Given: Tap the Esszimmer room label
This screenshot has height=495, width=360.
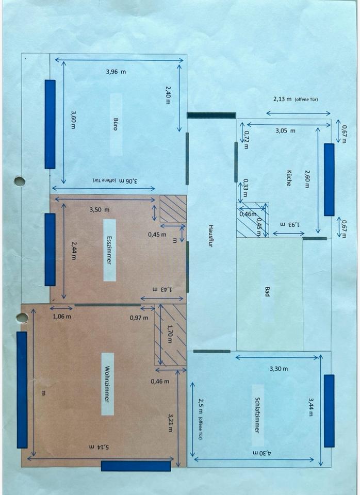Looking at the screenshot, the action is (x=109, y=250).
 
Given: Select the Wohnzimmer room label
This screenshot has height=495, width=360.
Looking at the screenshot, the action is (x=107, y=384).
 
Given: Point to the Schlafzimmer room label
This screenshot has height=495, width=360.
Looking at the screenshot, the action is (x=256, y=414).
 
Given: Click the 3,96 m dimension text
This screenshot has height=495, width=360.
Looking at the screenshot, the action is (x=116, y=72).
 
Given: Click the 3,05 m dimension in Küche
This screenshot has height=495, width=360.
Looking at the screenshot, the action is (x=285, y=131).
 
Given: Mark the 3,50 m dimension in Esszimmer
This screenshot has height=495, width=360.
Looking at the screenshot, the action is (x=100, y=210).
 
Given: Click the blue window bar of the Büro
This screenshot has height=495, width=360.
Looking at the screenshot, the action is (x=50, y=124).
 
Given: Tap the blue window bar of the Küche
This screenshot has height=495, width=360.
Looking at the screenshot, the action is (x=329, y=179).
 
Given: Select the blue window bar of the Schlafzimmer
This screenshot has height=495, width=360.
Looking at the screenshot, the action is (x=329, y=411).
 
